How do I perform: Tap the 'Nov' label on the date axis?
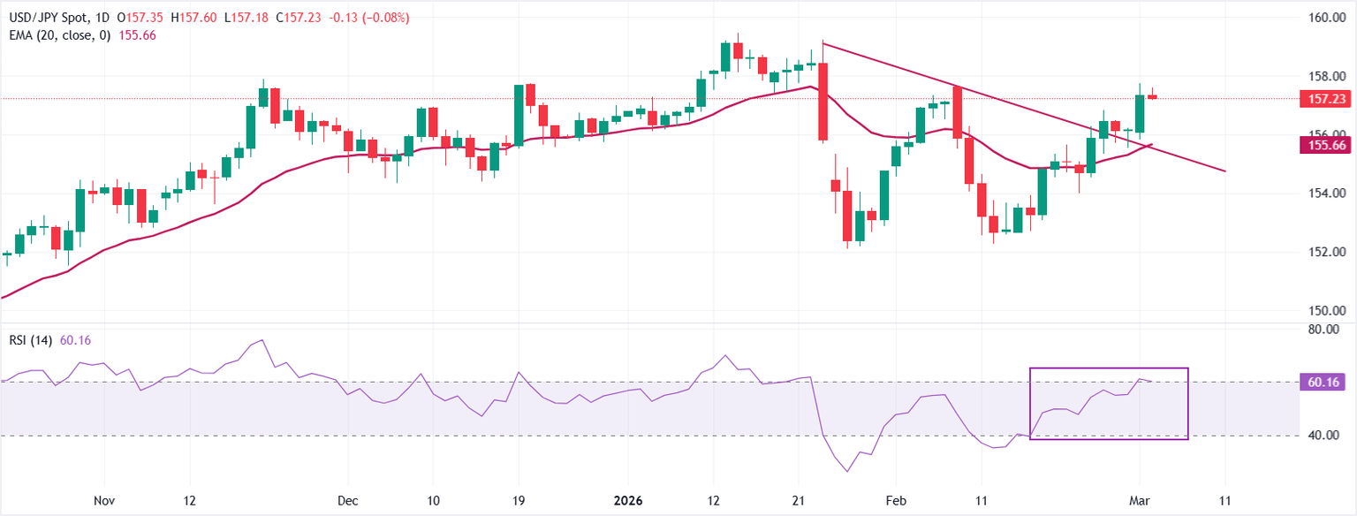pos(104,501)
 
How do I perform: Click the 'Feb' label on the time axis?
pos(897,501)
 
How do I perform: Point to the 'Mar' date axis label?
pos(1140,501)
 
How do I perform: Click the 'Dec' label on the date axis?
pos(347,501)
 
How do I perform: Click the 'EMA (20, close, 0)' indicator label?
pos(57,34)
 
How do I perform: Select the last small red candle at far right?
pos(1153,96)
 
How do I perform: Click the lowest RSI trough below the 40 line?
pos(848,471)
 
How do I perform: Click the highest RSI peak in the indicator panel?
pos(262,340)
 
